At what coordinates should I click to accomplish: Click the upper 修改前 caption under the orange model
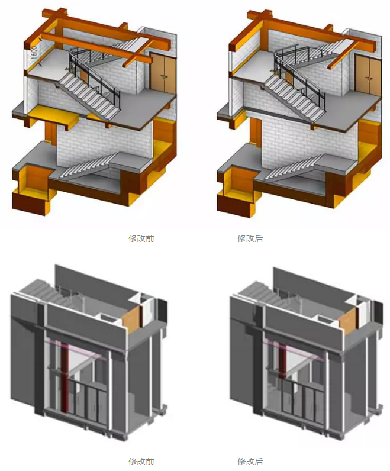[141, 238]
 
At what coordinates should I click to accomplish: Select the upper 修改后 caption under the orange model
[250, 238]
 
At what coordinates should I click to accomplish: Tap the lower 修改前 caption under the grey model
[141, 461]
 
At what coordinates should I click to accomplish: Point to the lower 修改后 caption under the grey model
[250, 461]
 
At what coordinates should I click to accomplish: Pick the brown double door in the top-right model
[367, 75]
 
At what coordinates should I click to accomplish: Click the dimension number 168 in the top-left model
[34, 51]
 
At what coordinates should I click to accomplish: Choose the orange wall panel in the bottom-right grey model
[349, 321]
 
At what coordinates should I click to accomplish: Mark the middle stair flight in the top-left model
[89, 95]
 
